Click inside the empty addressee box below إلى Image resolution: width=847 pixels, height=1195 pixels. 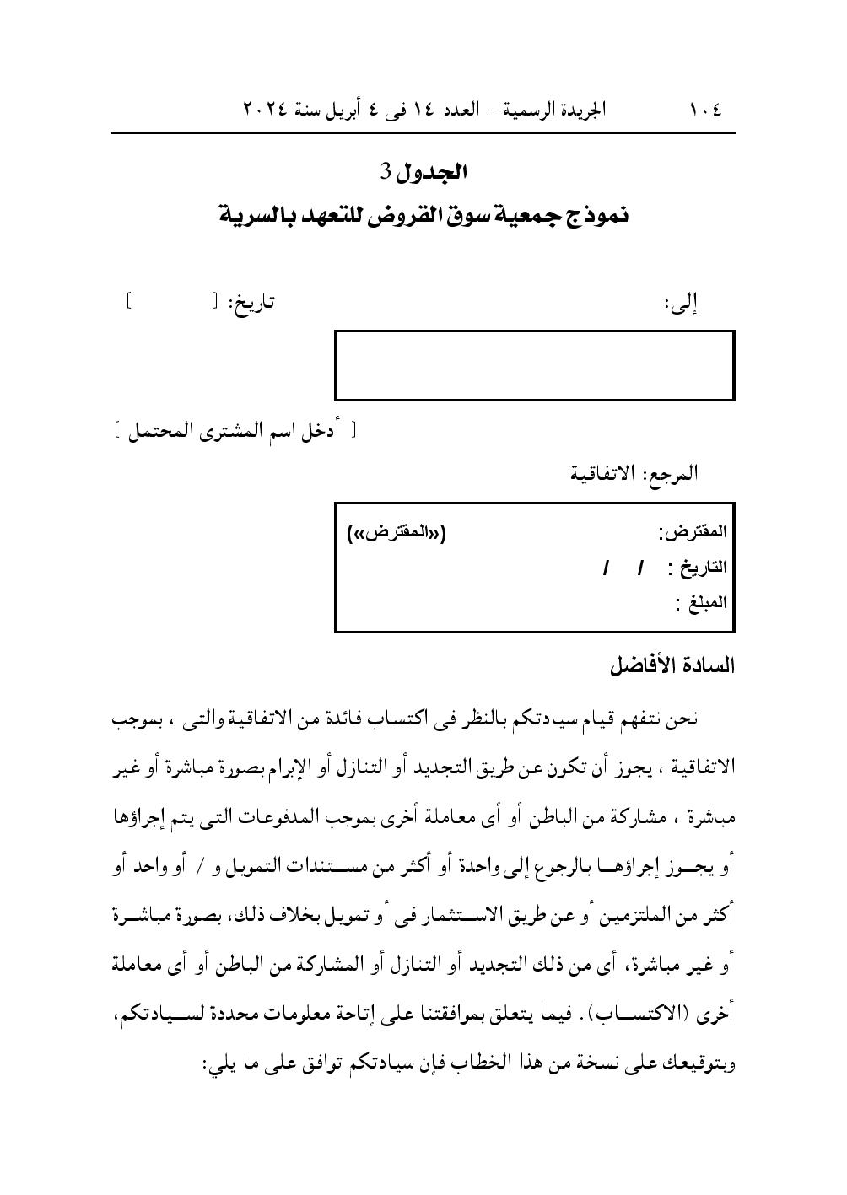coord(534,365)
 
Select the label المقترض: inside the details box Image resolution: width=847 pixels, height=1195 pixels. coord(692,532)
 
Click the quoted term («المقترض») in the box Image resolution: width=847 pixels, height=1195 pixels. coord(397,532)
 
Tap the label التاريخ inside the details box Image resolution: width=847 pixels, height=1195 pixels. coord(702,568)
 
